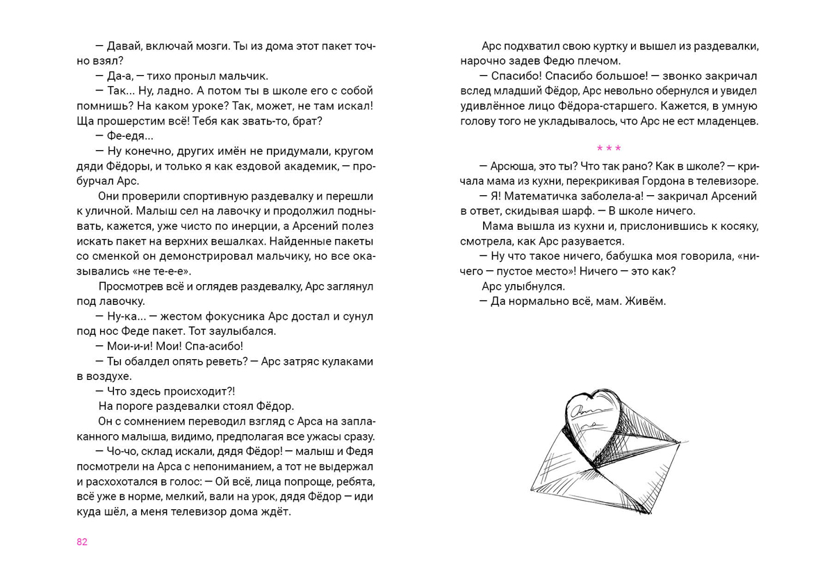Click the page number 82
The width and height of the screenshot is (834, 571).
coord(82,543)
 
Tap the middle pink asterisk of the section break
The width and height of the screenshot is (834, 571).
coord(609,148)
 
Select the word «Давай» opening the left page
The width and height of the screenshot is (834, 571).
coord(126,46)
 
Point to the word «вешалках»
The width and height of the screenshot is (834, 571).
coord(238,241)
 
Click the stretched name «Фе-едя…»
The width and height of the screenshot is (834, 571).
coord(131,136)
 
